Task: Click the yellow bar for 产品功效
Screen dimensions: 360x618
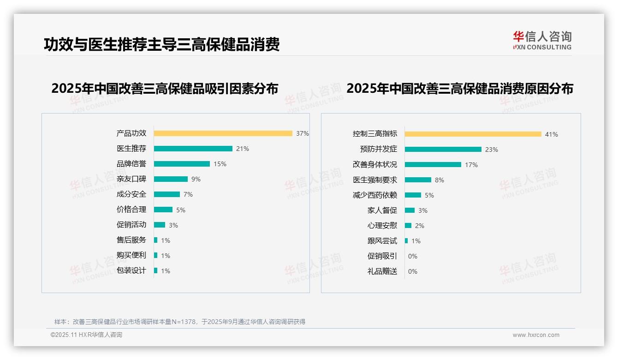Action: click(223, 133)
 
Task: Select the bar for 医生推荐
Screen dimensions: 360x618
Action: click(193, 149)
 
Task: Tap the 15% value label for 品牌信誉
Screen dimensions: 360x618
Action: click(220, 164)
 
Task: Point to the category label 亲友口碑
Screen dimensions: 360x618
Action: click(131, 179)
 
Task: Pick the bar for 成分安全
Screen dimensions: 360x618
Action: click(166, 194)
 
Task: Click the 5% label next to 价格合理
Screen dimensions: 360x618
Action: click(181, 210)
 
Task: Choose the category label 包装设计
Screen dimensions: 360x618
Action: click(131, 270)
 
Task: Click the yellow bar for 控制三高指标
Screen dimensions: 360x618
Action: click(473, 134)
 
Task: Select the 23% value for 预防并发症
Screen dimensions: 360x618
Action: click(492, 150)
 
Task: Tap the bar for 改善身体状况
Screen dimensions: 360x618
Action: click(433, 165)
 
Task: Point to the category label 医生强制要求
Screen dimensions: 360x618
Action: click(375, 180)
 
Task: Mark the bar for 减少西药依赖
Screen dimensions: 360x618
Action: click(413, 195)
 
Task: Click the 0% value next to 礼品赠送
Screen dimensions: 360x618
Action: click(413, 271)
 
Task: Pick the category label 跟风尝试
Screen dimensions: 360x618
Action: click(382, 241)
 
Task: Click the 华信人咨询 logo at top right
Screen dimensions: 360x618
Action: click(542, 41)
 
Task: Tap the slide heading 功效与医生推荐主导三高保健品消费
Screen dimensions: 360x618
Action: click(161, 45)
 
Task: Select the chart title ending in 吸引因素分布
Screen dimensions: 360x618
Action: click(165, 89)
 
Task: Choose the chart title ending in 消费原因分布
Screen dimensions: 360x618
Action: click(460, 89)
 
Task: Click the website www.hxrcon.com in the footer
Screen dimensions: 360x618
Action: click(536, 335)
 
